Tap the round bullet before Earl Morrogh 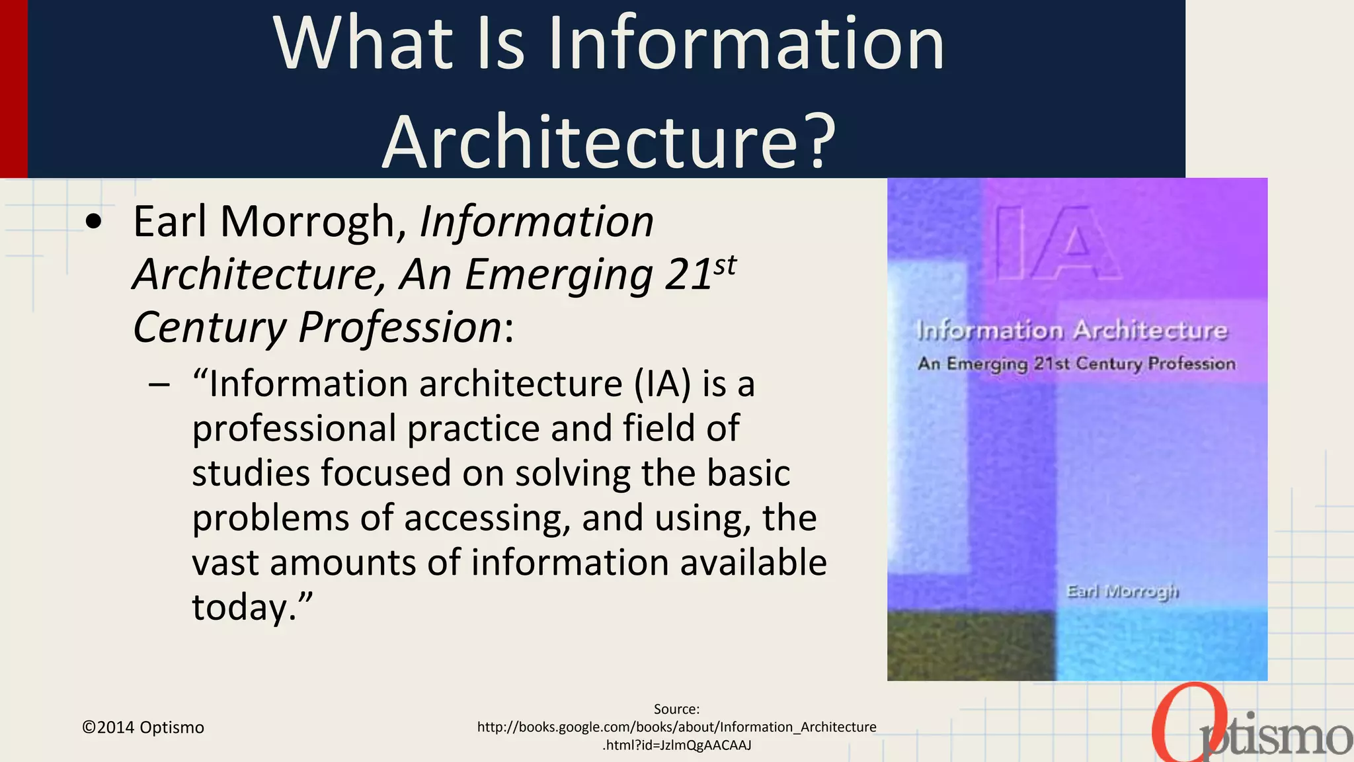coord(95,223)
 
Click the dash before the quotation coord(159,385)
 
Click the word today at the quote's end coord(242,607)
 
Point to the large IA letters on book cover coord(1056,243)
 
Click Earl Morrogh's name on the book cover coord(1122,591)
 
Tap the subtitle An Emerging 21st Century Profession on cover coord(1076,364)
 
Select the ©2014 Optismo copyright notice coord(143,727)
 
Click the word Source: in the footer coord(676,709)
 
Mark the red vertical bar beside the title coord(13,89)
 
